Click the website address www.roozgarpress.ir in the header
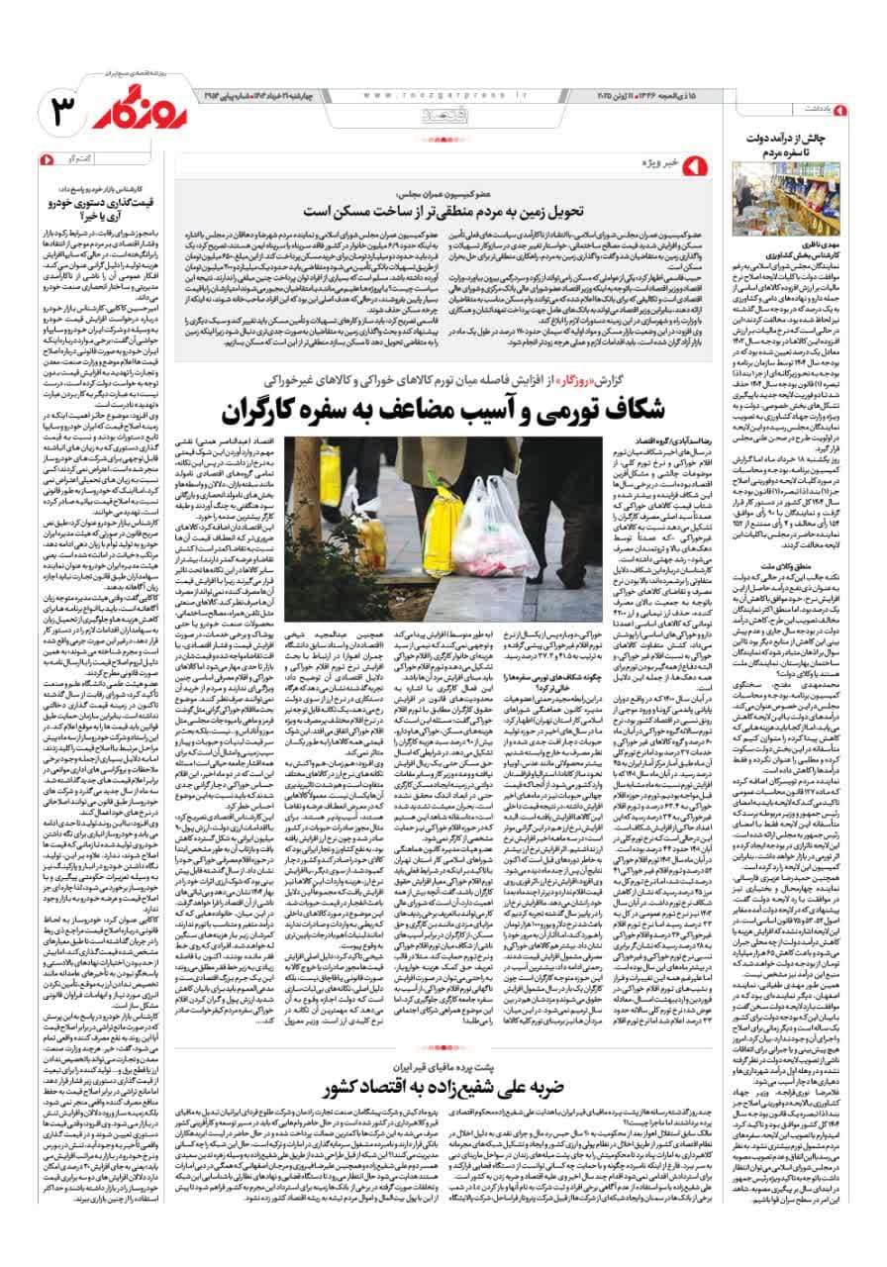click(445, 94)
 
